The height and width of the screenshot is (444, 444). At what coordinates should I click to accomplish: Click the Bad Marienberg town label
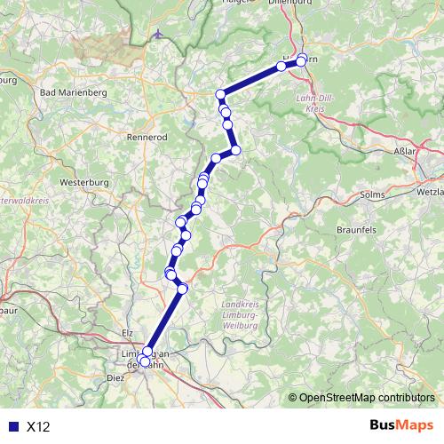[x=74, y=91]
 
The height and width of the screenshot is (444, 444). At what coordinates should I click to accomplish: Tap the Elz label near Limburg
[x=125, y=332]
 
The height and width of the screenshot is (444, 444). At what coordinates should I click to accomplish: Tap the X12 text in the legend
[x=38, y=426]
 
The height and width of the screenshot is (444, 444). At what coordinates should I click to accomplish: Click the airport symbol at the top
[x=158, y=36]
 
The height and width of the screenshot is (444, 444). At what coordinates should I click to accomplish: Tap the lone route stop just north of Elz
[x=183, y=289]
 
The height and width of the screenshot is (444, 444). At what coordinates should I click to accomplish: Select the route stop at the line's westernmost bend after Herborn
[x=221, y=93]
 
